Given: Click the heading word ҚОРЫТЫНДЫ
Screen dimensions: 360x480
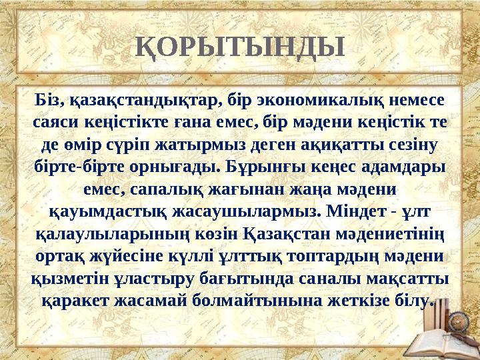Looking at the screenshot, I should click(240, 47).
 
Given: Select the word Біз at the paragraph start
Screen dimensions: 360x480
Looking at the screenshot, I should click(49, 101).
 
